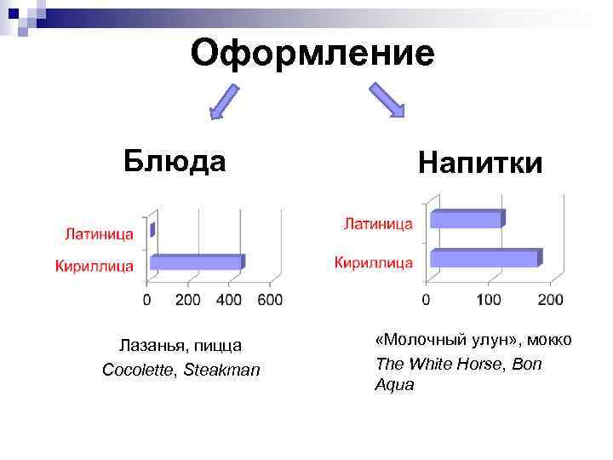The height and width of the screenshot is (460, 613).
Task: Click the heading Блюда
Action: (175, 159)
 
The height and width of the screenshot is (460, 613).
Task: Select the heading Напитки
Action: (480, 162)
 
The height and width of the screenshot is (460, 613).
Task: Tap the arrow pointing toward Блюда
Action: (226, 101)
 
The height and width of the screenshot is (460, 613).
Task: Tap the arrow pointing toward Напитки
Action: (387, 99)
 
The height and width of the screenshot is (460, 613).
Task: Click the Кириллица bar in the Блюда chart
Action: (197, 262)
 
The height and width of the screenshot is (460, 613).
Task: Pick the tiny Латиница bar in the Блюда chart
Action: (152, 229)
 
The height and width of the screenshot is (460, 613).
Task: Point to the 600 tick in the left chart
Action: (270, 300)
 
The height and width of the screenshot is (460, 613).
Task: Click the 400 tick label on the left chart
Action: (229, 300)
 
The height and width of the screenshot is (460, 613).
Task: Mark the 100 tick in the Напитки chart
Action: (488, 300)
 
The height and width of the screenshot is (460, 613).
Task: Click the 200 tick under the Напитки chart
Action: (550, 300)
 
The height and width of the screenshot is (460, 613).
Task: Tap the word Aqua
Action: (394, 385)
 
